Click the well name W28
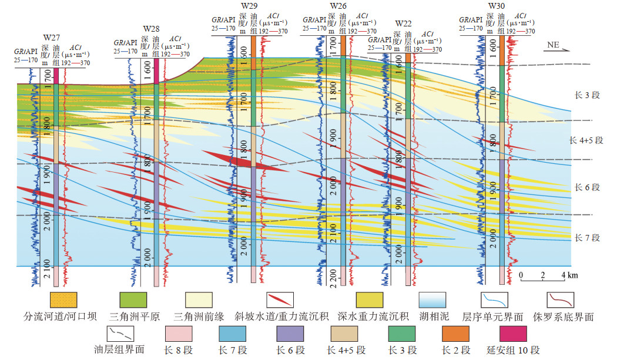point(151,28)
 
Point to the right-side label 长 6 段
point(586,187)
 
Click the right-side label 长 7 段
point(586,238)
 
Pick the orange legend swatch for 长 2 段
point(455,334)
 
